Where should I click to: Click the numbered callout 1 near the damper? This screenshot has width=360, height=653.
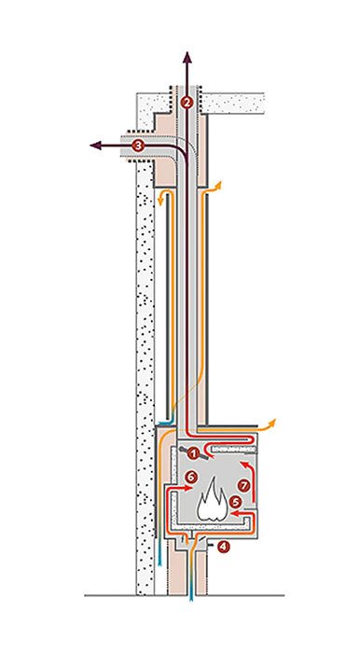[x=192, y=454]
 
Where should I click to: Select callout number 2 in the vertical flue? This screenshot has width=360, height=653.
[x=187, y=102]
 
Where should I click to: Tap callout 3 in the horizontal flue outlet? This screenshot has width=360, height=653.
[x=138, y=146]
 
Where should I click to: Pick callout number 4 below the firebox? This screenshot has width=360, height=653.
[x=224, y=547]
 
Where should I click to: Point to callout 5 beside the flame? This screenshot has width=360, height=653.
[x=235, y=502]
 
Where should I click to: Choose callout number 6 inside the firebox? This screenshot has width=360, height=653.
[x=190, y=478]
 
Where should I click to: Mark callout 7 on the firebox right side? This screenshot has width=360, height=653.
[x=243, y=485]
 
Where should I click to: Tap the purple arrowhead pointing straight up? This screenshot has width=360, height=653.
[x=187, y=57]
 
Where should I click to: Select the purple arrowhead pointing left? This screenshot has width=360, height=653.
[x=95, y=146]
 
